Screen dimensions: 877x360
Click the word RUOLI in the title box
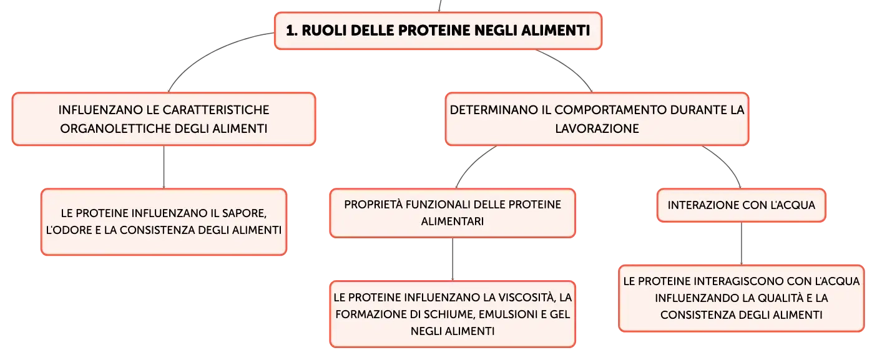pyautogui.click(x=324, y=31)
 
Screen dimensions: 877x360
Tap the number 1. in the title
pyautogui.click(x=292, y=31)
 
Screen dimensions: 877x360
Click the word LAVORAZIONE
pyautogui.click(x=597, y=129)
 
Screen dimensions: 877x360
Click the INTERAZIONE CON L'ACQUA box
pyautogui.click(x=741, y=205)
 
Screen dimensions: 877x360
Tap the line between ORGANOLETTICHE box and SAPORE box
pyautogui.click(x=164, y=167)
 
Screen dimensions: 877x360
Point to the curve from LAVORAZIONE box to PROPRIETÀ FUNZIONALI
pyautogui.click(x=472, y=163)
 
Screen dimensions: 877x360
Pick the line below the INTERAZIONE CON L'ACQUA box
pyautogui.click(x=741, y=243)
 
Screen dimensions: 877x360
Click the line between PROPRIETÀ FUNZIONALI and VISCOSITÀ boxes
pyautogui.click(x=453, y=259)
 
